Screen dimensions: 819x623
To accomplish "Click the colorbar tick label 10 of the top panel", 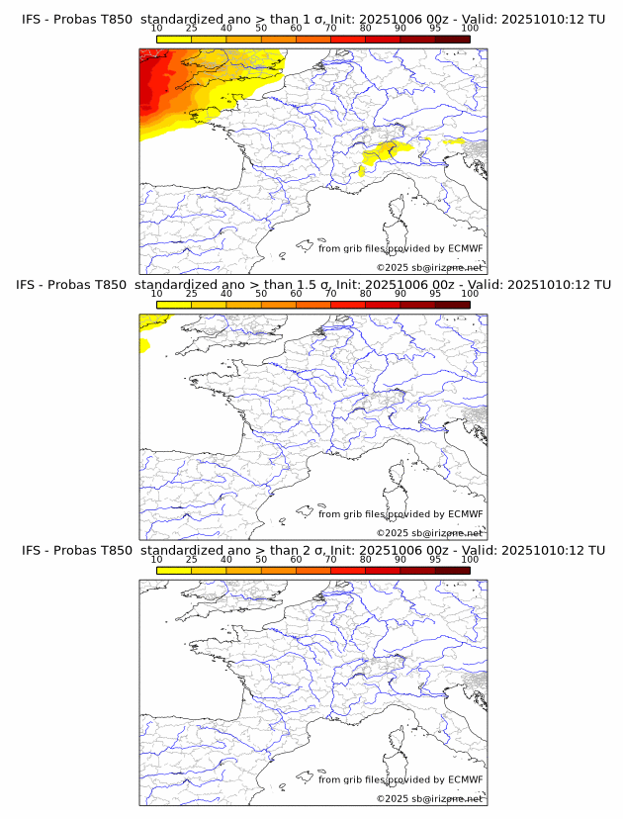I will tap(156, 28).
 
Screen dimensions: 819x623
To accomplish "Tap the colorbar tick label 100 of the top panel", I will tap(470, 28).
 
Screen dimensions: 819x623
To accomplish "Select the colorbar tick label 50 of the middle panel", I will tap(261, 294).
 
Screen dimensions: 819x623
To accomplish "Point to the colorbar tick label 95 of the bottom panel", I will tap(435, 560).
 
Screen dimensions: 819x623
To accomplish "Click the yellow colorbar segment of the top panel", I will tap(174, 39).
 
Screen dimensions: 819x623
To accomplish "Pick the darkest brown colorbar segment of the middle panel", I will tap(453, 305).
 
